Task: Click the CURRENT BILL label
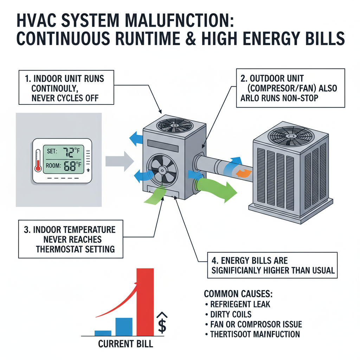126,343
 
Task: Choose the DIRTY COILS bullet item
230,314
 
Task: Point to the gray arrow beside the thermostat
119,161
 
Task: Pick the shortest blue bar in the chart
103,333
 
